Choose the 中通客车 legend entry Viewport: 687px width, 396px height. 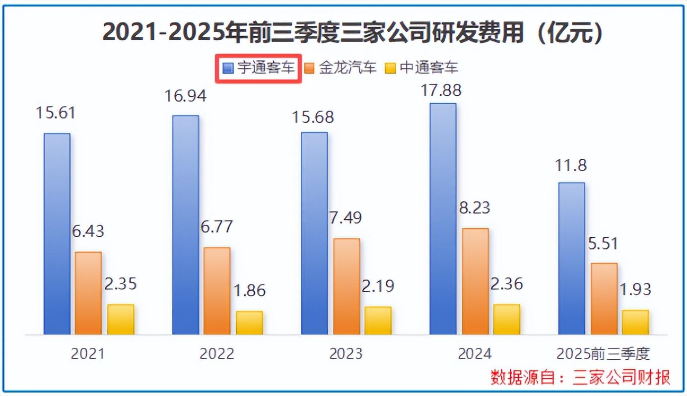tap(422, 68)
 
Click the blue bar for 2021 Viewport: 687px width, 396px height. tap(57, 233)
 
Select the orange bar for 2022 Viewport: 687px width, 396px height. tap(217, 290)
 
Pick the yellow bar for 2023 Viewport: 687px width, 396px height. tap(378, 320)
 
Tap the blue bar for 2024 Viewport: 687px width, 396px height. tap(443, 218)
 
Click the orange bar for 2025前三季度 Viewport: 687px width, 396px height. tap(604, 298)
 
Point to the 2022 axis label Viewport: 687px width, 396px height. tap(217, 354)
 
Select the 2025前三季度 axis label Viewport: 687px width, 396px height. tap(603, 354)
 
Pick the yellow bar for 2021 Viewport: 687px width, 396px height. tap(121, 319)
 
